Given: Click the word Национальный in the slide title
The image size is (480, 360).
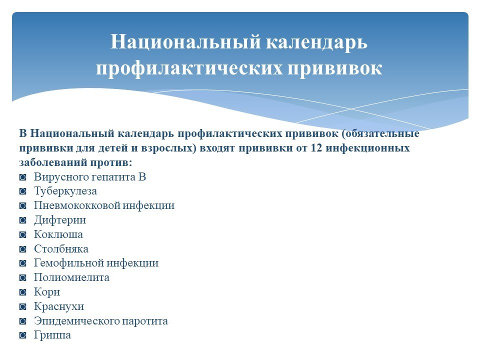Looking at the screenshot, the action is click(x=185, y=41).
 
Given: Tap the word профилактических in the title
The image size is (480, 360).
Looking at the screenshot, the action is click(x=189, y=68).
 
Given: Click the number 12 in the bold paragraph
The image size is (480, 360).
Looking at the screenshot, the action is click(x=316, y=148).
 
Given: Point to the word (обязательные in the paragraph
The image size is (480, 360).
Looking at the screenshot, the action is click(x=380, y=133).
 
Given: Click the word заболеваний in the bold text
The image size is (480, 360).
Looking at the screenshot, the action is click(x=53, y=162).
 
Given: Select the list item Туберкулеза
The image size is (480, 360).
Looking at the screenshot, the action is click(x=65, y=191).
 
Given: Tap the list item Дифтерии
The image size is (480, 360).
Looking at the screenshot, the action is click(x=60, y=220).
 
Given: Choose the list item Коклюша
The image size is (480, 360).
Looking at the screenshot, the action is click(x=58, y=234).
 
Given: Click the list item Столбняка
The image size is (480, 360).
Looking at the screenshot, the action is click(x=61, y=249).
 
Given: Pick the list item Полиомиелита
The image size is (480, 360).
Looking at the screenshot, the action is click(x=71, y=277).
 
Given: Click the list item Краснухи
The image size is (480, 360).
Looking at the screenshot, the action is click(x=59, y=306).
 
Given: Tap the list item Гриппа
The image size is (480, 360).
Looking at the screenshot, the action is click(x=52, y=335).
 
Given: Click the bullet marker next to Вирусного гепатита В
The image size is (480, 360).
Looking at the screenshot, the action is click(x=22, y=177).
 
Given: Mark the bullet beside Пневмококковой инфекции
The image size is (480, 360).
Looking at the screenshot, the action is click(x=22, y=205).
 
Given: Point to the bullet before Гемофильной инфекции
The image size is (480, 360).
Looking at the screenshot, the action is click(x=22, y=263).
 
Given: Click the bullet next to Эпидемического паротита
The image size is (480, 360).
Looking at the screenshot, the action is click(x=22, y=321).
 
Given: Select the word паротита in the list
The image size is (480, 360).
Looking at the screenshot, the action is click(x=145, y=321).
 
